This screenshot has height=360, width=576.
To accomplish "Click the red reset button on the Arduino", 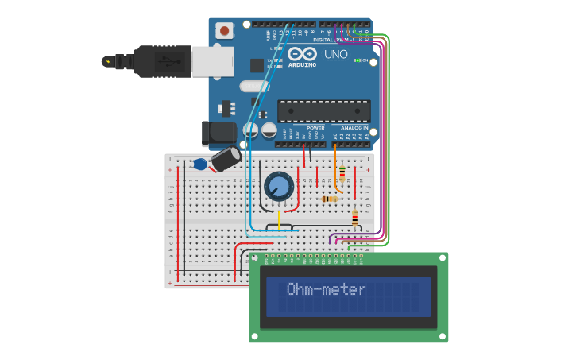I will pyautogui.click(x=225, y=31).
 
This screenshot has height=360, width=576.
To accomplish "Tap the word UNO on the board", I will pyautogui.click(x=336, y=55).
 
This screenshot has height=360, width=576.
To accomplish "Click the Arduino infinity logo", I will pyautogui.click(x=302, y=54).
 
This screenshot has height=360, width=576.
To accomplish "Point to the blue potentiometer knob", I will pyautogui.click(x=279, y=188).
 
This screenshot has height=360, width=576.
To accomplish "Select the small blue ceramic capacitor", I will pyautogui.click(x=199, y=165).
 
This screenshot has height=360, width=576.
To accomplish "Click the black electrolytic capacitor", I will pyautogui.click(x=226, y=158).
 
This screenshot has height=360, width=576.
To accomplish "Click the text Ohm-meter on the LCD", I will pyautogui.click(x=326, y=289).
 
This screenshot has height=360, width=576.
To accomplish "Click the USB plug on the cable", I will pyautogui.click(x=163, y=61).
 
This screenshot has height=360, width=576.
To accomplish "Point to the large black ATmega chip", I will pyautogui.click(x=323, y=111).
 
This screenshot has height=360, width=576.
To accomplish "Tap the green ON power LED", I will pyautogui.click(x=358, y=60).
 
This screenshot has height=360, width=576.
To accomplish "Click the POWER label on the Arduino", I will pyautogui.click(x=315, y=127).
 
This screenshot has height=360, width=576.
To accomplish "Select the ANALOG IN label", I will pyautogui.click(x=354, y=127).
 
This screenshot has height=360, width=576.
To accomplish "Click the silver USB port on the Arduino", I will pyautogui.click(x=213, y=61).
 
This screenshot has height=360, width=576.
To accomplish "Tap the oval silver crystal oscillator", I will pyautogui.click(x=254, y=86).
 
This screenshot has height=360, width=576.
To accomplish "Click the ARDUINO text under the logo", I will pyautogui.click(x=302, y=64).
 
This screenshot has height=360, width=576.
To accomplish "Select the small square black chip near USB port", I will pyautogui.click(x=257, y=65).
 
